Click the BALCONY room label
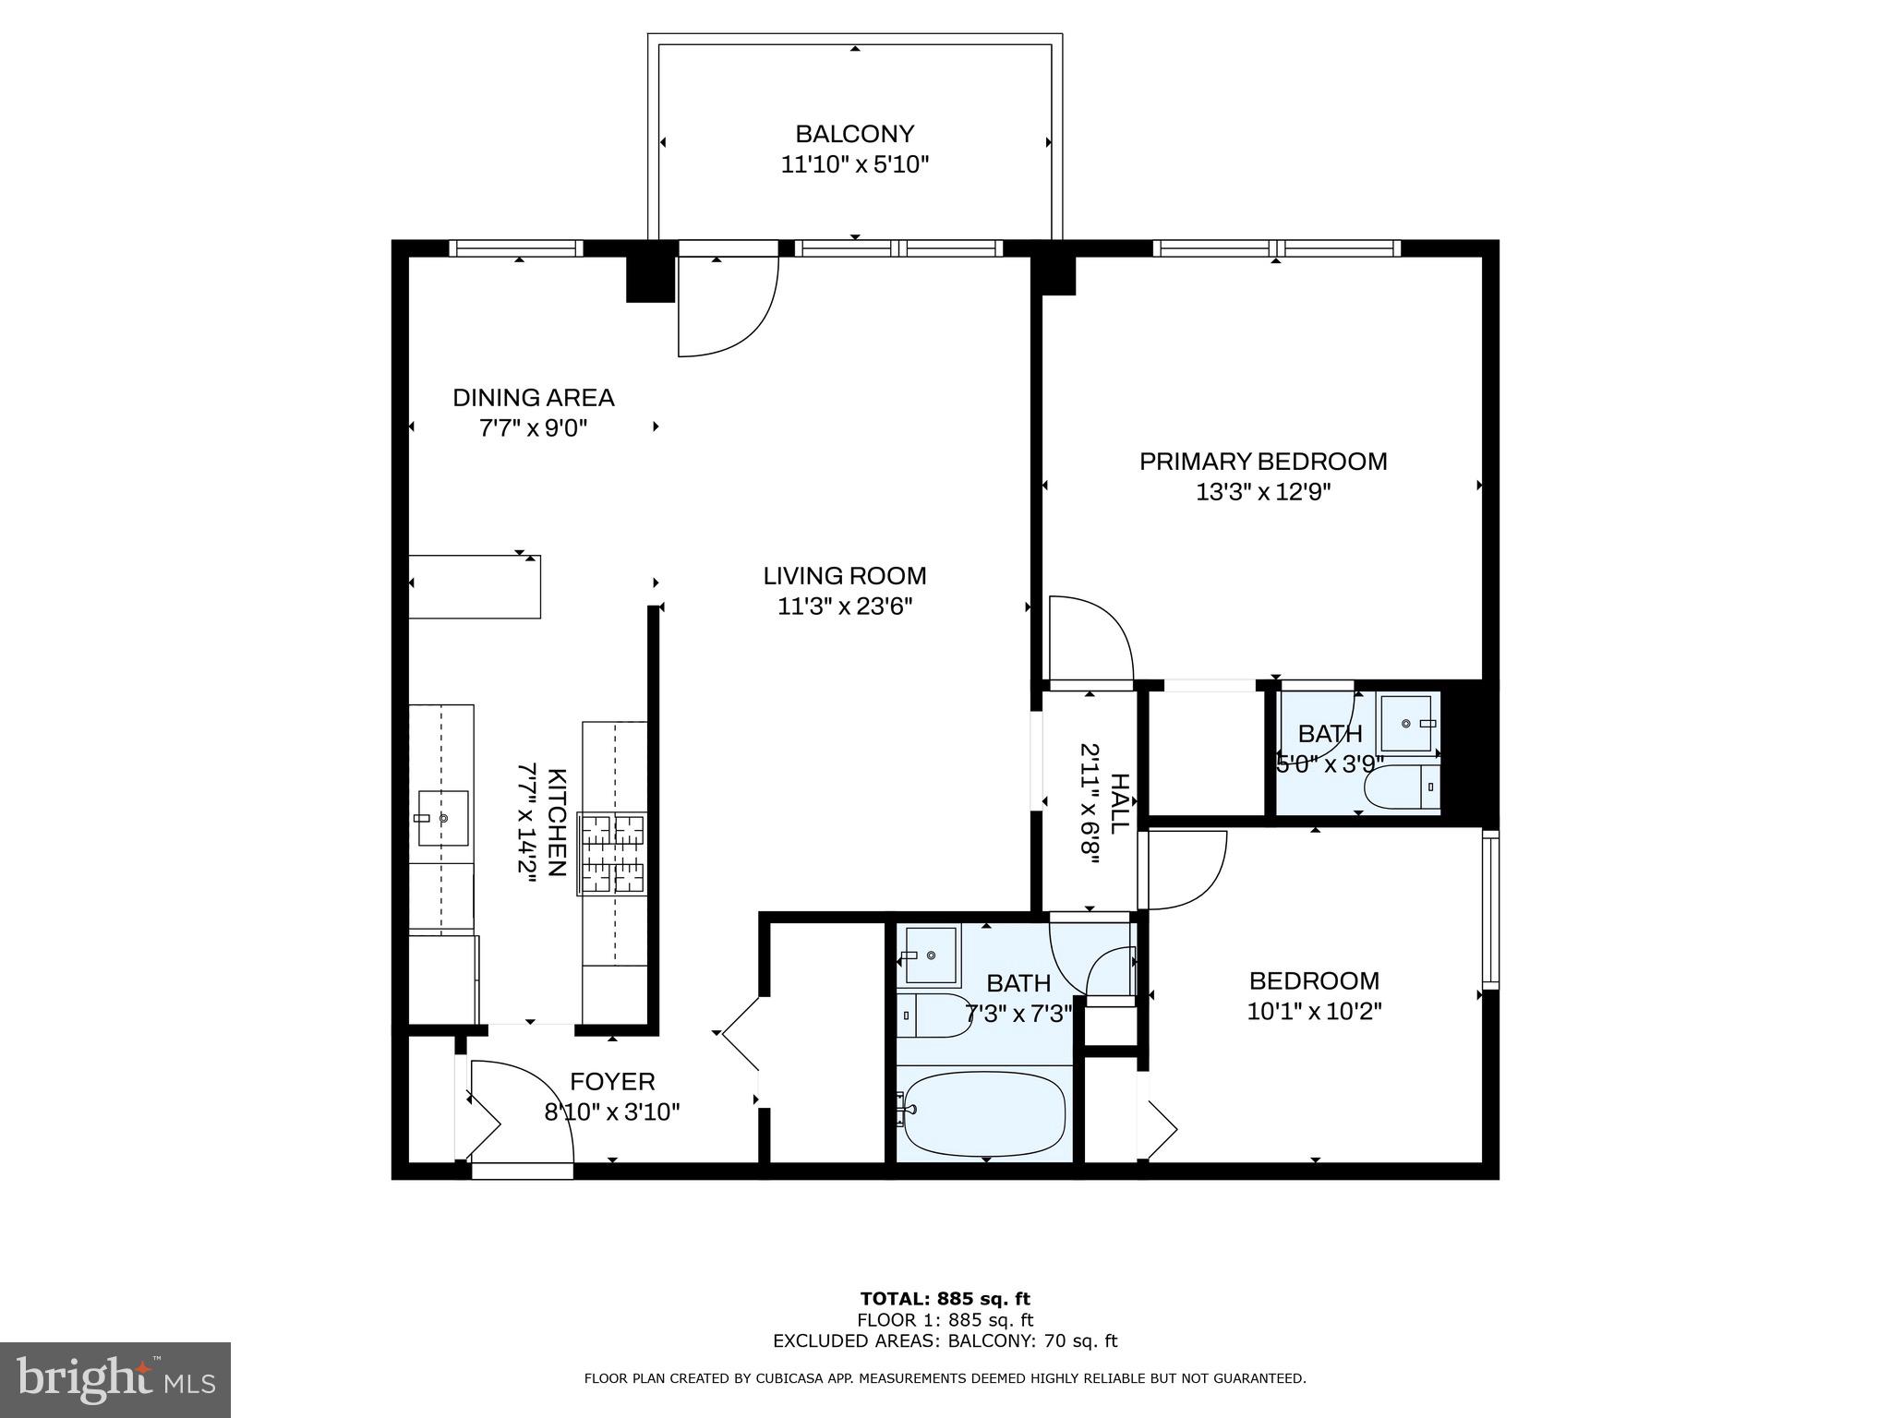tap(854, 135)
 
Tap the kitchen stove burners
tap(611, 854)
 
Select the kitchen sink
tap(443, 818)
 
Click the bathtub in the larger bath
tap(984, 1113)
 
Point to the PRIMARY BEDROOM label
tap(1262, 462)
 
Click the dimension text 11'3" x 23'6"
tap(844, 607)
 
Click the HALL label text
tap(1118, 803)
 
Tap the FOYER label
tap(612, 1081)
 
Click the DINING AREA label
tap(533, 398)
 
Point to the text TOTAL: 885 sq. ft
tap(945, 1299)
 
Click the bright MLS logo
tap(115, 1379)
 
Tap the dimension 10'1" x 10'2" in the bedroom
tap(1313, 1012)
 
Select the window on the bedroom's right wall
tap(1489, 909)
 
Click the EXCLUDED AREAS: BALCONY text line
tap(945, 1341)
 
